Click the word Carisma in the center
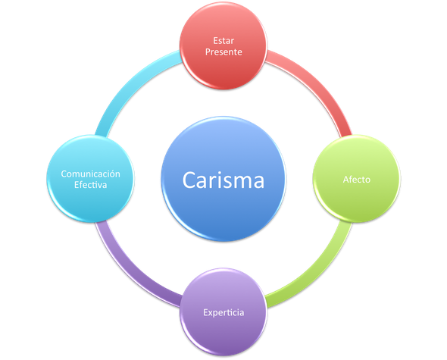223,180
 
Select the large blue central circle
223,179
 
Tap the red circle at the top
223,45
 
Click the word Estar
223,41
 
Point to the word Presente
223,52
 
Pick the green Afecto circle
357,179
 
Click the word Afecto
357,180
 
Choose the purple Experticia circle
223,312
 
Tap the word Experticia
223,313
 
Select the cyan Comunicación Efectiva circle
90,179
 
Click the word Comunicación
90,174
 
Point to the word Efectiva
90,185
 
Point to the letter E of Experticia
205,312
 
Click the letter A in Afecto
345,180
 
